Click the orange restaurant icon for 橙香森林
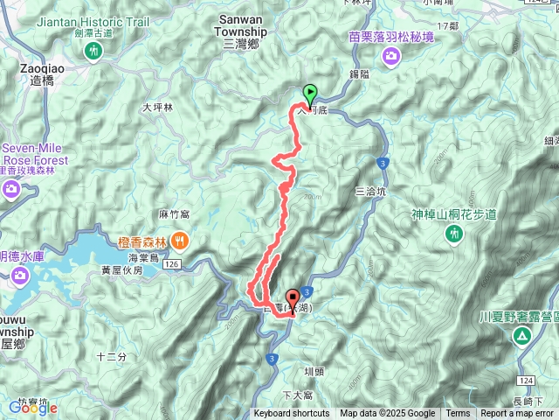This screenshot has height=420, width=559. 179,238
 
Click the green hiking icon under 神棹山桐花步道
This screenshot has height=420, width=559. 453,234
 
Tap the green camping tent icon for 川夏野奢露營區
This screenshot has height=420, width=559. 521,336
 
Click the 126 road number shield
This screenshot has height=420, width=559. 171,262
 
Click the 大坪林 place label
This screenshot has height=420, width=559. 158,108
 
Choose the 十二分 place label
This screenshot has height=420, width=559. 112,356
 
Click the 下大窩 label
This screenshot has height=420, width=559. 298,395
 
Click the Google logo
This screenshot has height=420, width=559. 32,408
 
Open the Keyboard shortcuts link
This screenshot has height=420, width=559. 292,414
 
